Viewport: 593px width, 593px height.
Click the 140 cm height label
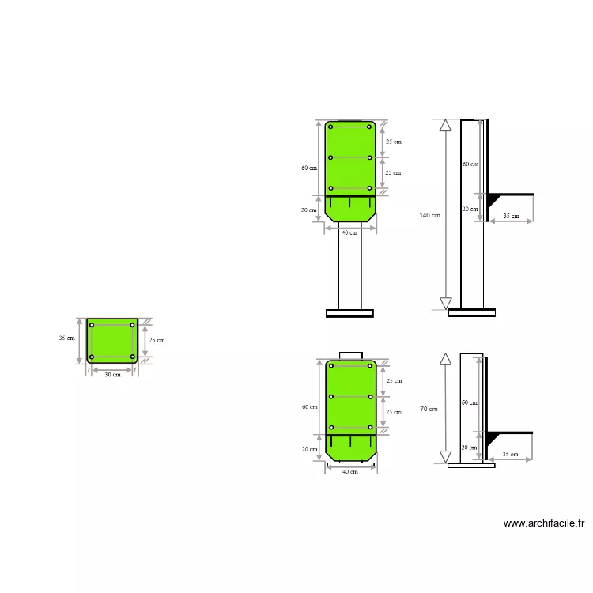tap(430, 215)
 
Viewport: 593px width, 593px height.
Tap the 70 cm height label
tap(429, 409)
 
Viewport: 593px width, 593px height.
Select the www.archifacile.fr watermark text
tap(543, 523)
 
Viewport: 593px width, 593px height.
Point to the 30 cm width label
tap(112, 375)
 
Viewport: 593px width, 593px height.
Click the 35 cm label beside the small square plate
tap(66, 338)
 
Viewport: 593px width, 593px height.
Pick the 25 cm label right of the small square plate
tap(157, 340)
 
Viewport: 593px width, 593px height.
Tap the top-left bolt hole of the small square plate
tap(92, 325)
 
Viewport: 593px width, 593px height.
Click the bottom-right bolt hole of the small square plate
tap(132, 357)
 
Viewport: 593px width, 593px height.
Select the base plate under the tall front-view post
tap(349, 313)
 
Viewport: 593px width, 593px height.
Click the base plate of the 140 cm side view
tap(471, 313)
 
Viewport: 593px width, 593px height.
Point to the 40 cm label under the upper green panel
tap(349, 232)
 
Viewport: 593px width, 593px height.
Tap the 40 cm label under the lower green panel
tap(349, 472)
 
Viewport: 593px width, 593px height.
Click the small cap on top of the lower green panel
tap(350, 355)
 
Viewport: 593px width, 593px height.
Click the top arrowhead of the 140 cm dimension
tap(445, 125)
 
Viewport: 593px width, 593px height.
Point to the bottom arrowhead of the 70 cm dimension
tap(445, 456)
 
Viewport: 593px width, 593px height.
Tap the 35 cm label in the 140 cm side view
tap(511, 216)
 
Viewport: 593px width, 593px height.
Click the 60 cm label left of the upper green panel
tap(308, 168)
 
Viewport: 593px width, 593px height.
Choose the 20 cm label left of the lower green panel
tap(308, 449)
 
